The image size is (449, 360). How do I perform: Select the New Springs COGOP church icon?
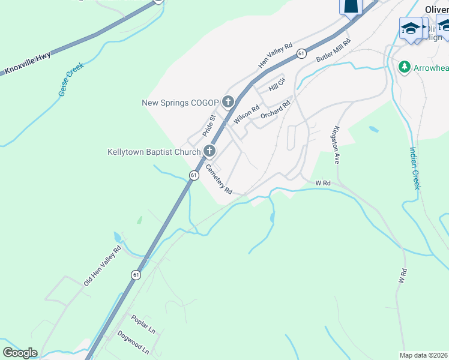click(x=228, y=102)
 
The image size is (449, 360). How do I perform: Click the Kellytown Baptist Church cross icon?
click(x=209, y=151)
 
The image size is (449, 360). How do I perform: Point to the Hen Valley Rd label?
click(x=275, y=55)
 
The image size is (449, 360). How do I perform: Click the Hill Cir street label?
click(x=277, y=84)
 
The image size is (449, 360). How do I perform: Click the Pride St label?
click(x=208, y=127)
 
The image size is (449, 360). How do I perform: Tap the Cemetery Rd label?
click(x=219, y=179)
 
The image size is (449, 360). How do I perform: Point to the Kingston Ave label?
click(x=337, y=145)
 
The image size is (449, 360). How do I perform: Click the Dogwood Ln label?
click(x=133, y=342)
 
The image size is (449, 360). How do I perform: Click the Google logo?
click(x=20, y=353)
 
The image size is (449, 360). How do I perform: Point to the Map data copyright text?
click(x=424, y=355)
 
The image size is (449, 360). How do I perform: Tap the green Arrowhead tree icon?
click(x=405, y=67)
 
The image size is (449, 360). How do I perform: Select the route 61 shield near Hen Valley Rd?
click(x=301, y=54)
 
